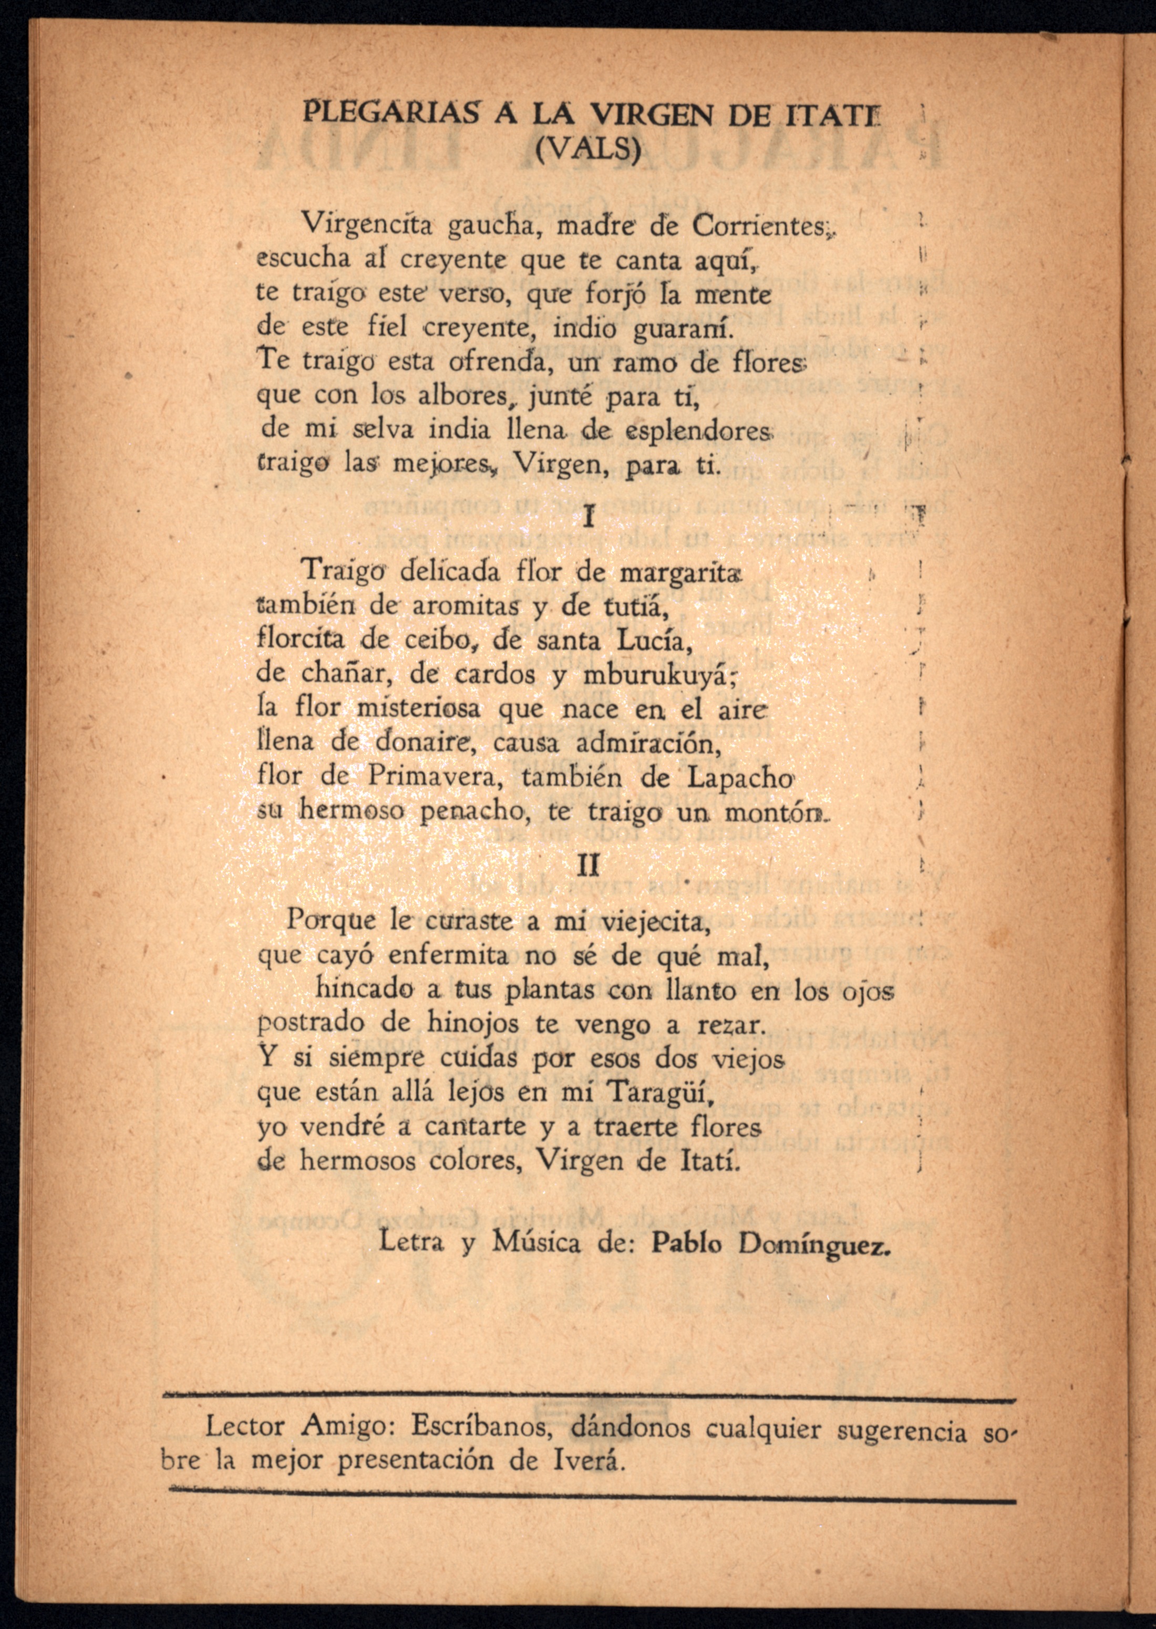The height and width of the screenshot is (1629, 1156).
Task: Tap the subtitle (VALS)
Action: (588, 149)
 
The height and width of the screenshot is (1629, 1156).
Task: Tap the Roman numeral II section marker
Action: (588, 864)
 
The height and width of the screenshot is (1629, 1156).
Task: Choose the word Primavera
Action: (436, 777)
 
